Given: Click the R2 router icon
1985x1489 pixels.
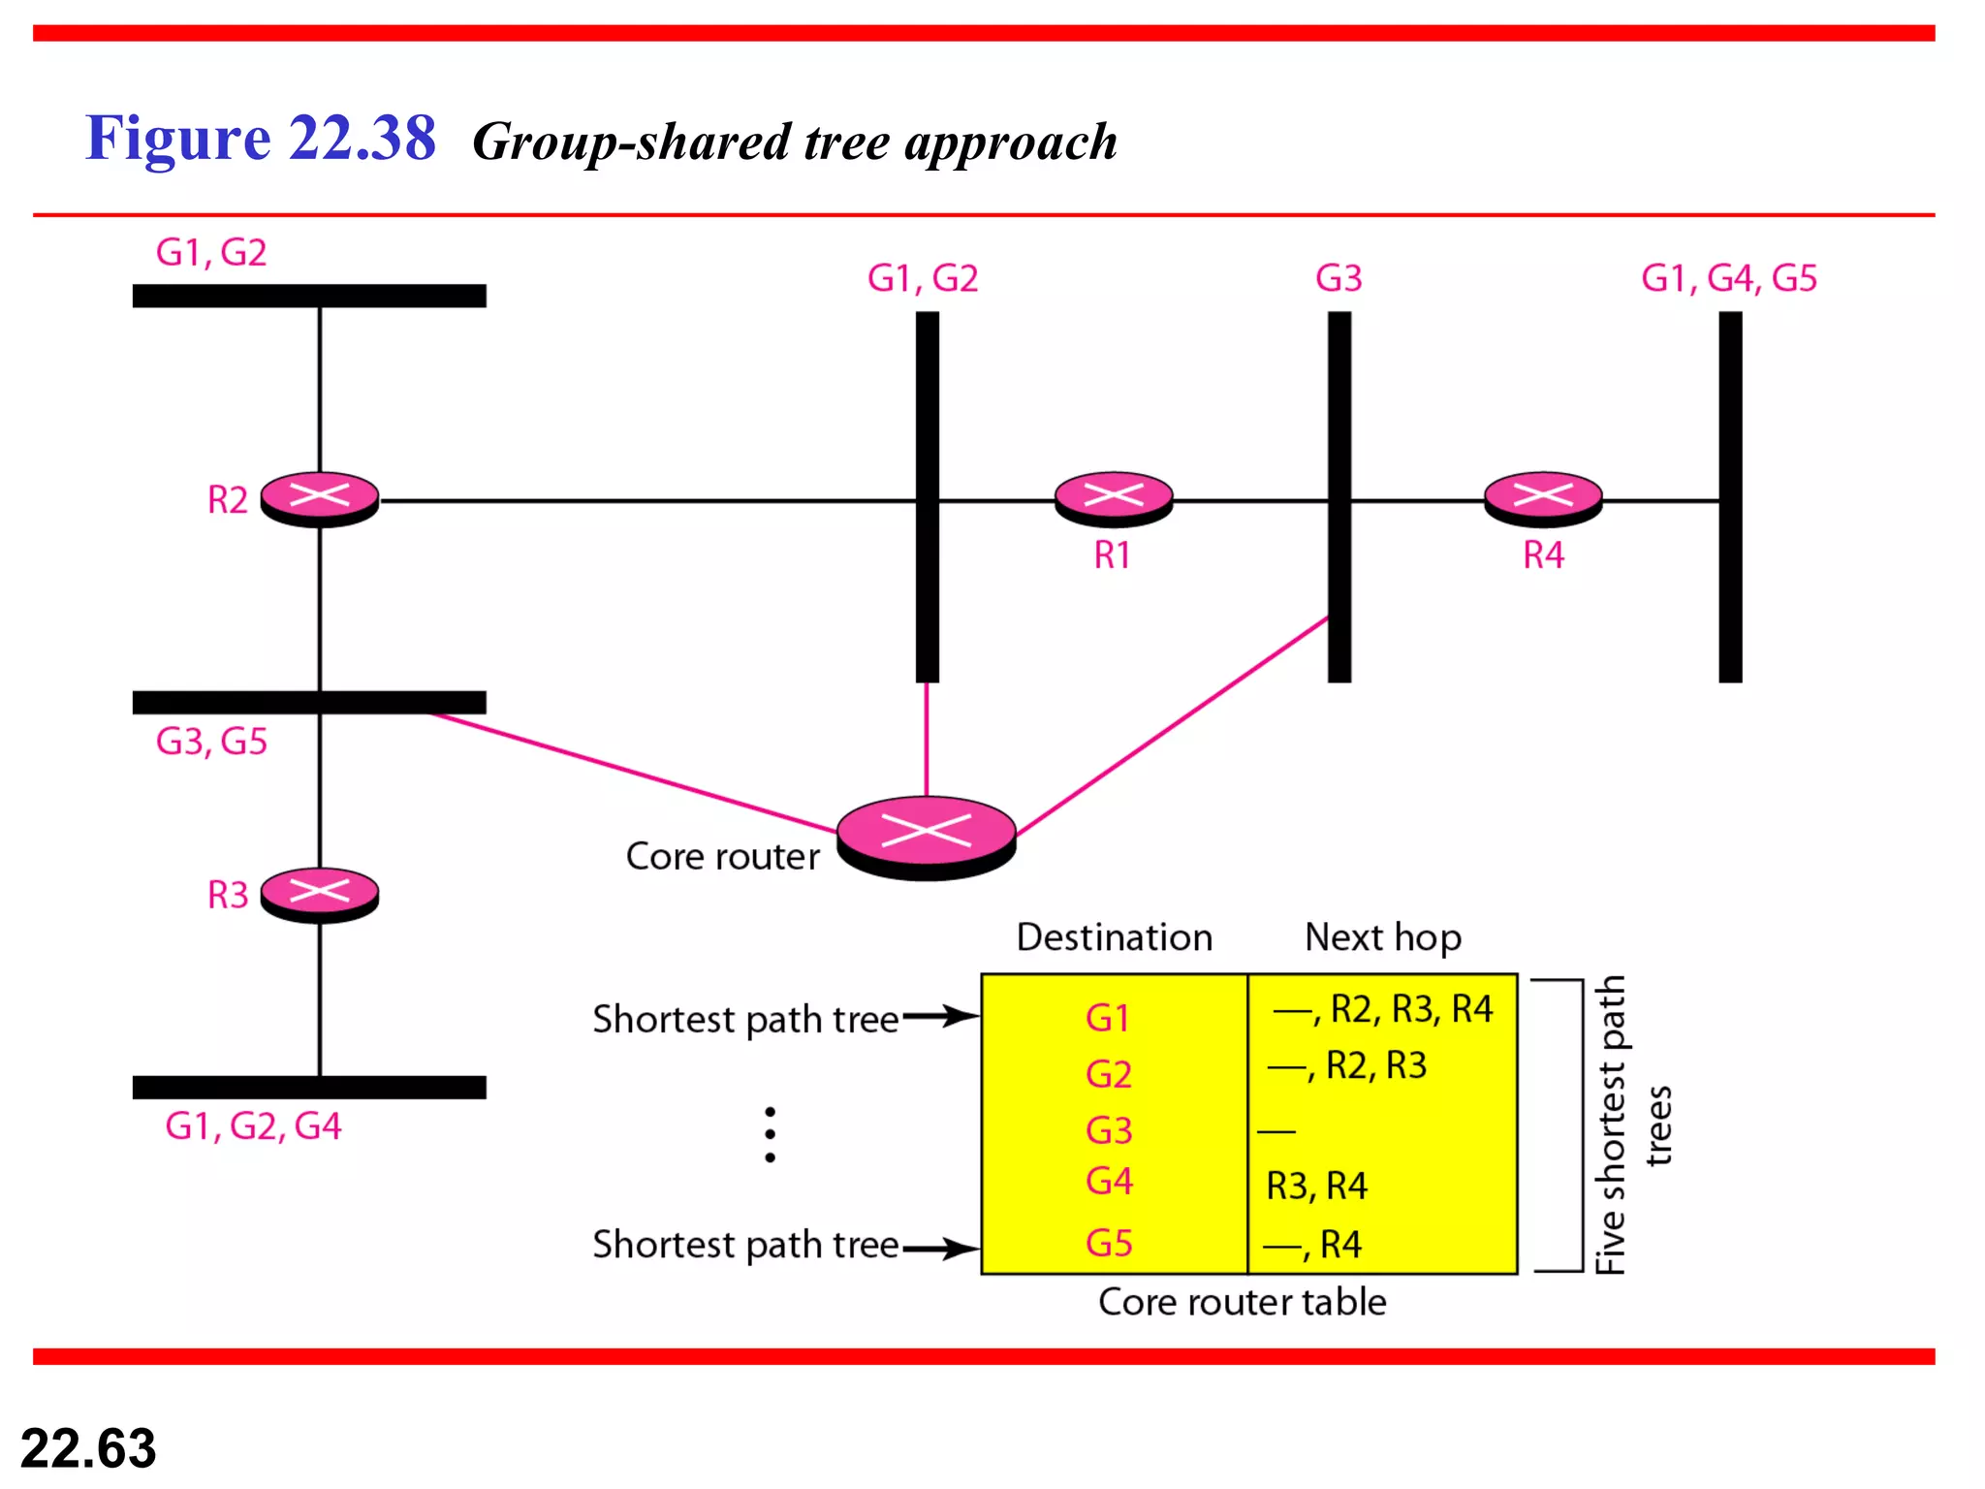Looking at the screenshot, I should point(320,498).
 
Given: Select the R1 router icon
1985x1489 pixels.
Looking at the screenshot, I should point(1113,498).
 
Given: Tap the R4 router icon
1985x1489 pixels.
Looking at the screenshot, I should point(1543,498).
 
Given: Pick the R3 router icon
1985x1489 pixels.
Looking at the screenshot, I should point(320,894).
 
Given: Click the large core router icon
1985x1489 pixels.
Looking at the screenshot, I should point(927,836).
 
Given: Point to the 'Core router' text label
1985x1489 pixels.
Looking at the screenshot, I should point(722,857).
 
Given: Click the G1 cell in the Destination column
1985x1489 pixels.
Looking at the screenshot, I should point(1108,1018).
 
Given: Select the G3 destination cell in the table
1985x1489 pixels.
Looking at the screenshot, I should point(1109,1130).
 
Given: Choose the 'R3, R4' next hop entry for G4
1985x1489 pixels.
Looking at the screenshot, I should point(1316,1186).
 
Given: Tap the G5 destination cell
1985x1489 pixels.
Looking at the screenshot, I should point(1109,1243).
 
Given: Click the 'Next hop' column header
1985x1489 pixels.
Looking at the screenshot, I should point(1382,937).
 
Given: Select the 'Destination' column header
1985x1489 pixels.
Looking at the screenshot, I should point(1114,937).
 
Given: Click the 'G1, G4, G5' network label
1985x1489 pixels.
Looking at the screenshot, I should point(1728,278).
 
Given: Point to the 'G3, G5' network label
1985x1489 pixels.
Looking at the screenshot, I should point(211,742).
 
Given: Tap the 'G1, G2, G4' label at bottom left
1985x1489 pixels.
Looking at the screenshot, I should point(253,1126).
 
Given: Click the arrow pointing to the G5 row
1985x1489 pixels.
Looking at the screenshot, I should point(940,1248).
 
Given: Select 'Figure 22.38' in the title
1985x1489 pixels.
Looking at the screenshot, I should point(260,138).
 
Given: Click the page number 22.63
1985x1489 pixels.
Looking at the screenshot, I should point(88,1448).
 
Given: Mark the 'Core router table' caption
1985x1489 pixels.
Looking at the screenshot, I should point(1242,1302).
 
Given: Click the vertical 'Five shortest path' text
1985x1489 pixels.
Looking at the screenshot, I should point(1610,1125).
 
